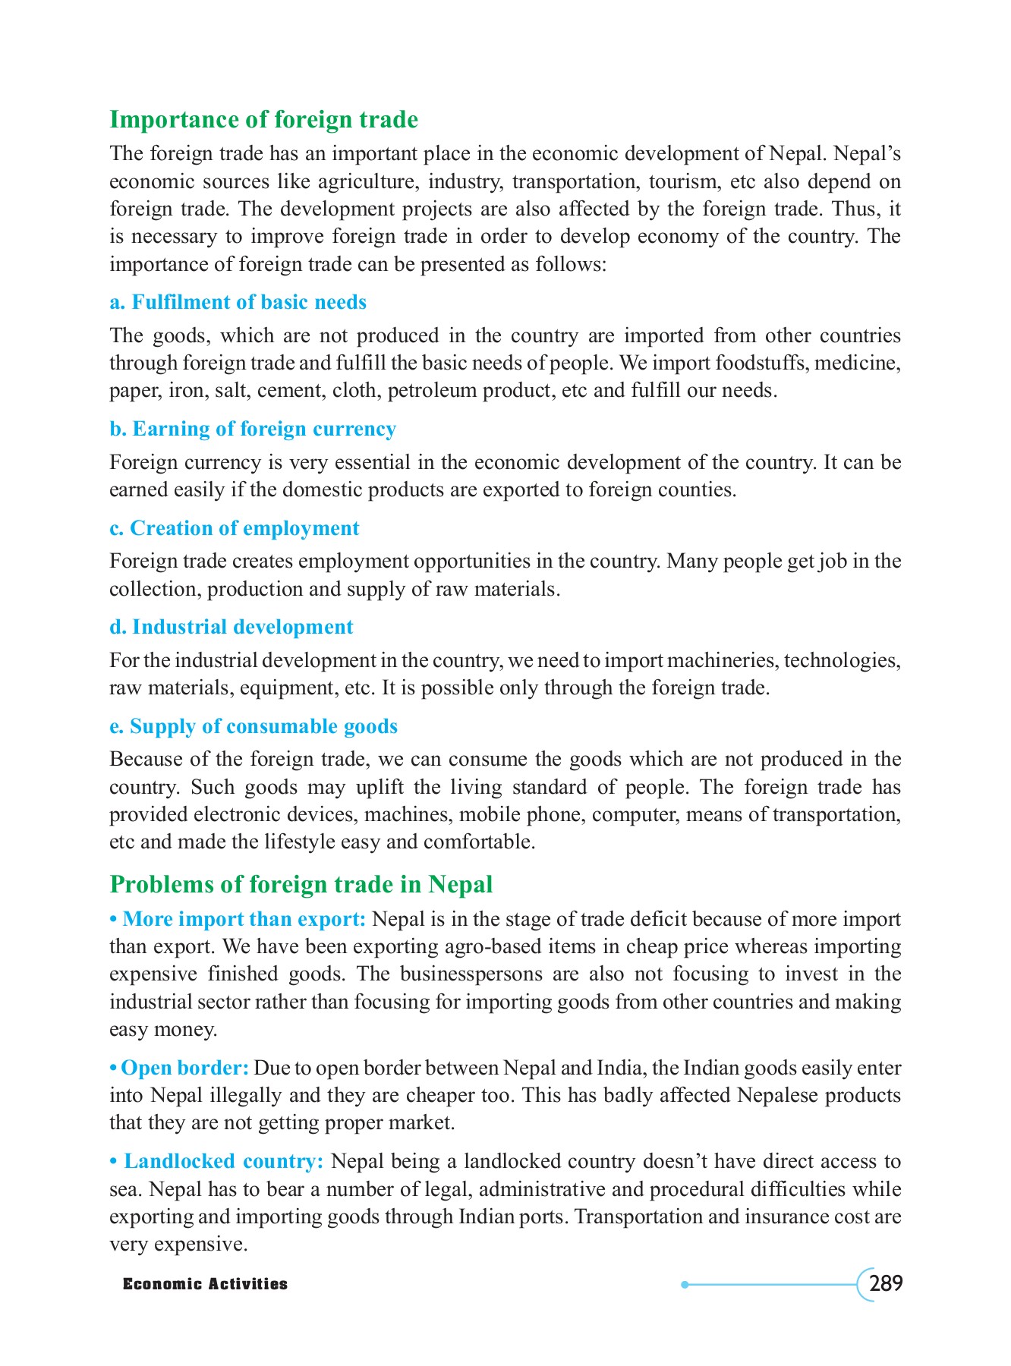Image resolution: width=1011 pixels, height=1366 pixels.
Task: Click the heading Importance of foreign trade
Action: [263, 120]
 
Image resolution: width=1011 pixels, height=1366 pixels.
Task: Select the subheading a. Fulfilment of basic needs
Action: [238, 302]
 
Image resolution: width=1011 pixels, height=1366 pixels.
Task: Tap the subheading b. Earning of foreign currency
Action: [253, 429]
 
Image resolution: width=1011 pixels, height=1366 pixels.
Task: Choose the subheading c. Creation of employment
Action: [234, 528]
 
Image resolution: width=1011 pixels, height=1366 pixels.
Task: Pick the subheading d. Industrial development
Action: [231, 627]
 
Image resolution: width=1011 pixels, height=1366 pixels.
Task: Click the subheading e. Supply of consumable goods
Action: [254, 726]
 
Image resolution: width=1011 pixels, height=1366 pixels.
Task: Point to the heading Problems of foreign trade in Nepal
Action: [301, 884]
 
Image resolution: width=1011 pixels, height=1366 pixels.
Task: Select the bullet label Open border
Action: [184, 1068]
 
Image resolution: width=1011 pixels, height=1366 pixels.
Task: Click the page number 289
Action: [886, 1284]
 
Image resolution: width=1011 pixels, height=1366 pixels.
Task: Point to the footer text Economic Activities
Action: [206, 1284]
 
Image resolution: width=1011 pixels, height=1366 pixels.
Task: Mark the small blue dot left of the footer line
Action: [685, 1284]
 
